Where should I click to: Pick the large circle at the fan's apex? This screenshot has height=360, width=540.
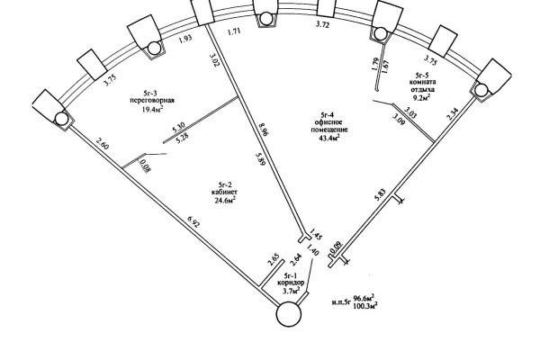[290, 316]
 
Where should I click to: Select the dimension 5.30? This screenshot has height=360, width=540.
[178, 127]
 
